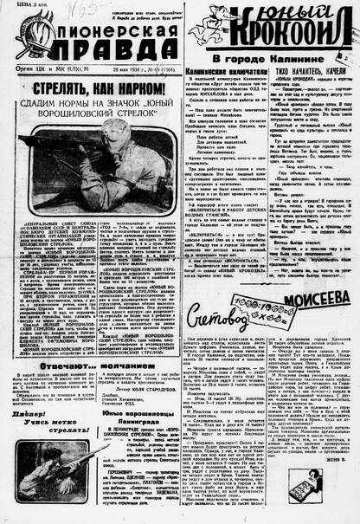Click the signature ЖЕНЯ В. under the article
[x=337, y=513]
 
